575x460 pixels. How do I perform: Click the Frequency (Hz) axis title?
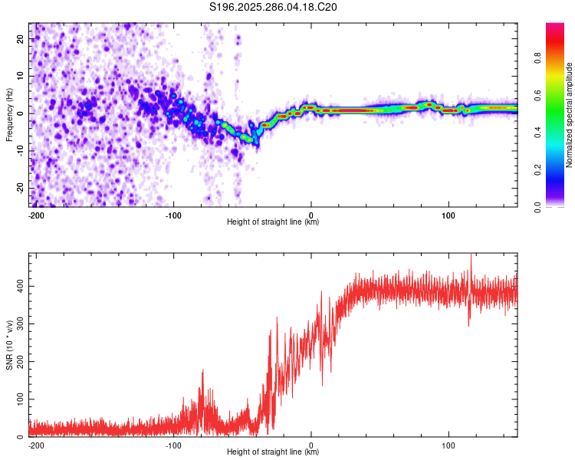pyautogui.click(x=9, y=114)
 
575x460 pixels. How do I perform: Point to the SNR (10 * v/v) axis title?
pyautogui.click(x=9, y=344)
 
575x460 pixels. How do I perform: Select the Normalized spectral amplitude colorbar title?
pyautogui.click(x=569, y=115)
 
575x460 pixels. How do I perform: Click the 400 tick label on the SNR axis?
pyautogui.click(x=18, y=285)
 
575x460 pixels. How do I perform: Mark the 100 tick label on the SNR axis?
pyautogui.click(x=18, y=399)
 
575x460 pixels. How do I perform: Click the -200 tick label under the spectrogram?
pyautogui.click(x=34, y=215)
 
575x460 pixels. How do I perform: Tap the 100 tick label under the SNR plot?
pyautogui.click(x=449, y=445)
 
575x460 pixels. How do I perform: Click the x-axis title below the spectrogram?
pyautogui.click(x=273, y=222)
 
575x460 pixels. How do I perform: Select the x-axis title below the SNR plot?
pyautogui.click(x=273, y=452)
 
